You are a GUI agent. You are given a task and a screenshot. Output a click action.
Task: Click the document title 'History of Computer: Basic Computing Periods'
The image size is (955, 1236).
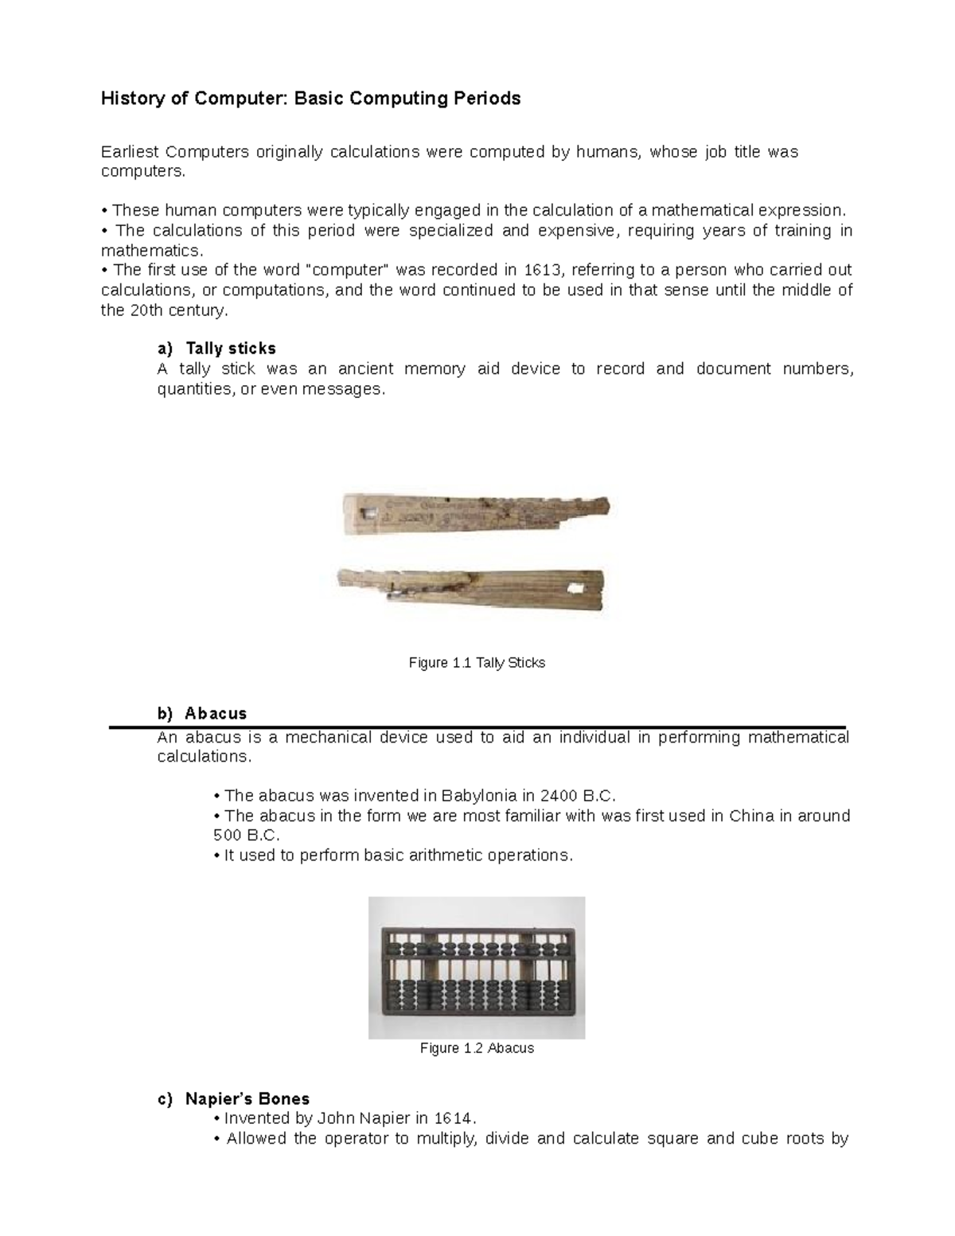click(310, 99)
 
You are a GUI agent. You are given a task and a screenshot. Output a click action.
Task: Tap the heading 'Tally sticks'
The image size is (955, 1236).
click(231, 349)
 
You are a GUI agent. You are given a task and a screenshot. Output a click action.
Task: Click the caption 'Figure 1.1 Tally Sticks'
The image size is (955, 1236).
click(477, 663)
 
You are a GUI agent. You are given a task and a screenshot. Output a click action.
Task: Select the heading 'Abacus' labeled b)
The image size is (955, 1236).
click(216, 713)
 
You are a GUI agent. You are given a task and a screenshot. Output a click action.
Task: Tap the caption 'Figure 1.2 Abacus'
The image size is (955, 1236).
click(477, 1048)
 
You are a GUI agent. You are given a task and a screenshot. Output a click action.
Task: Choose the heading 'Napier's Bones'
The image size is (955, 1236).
click(248, 1099)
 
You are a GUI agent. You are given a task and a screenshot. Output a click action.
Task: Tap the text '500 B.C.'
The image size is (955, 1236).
click(247, 836)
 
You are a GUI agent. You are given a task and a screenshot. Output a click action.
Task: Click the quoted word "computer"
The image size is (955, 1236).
click(348, 270)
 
